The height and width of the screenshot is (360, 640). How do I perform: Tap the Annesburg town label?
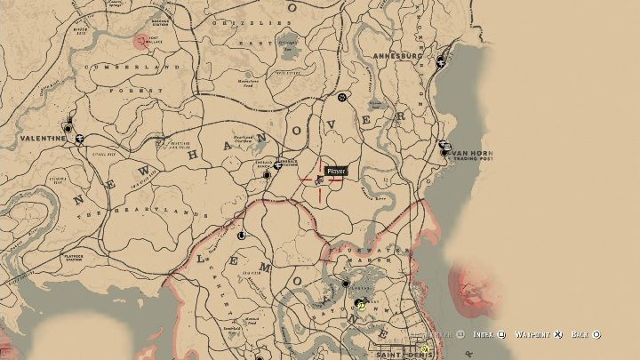tap(400, 55)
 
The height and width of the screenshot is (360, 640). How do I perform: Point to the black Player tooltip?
tap(335, 170)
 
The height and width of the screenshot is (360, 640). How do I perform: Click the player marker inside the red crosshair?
tap(319, 180)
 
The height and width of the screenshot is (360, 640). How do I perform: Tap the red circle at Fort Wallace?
tap(140, 40)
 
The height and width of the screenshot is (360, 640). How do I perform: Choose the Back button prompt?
tap(586, 334)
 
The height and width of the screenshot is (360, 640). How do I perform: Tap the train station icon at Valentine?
tap(80, 138)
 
